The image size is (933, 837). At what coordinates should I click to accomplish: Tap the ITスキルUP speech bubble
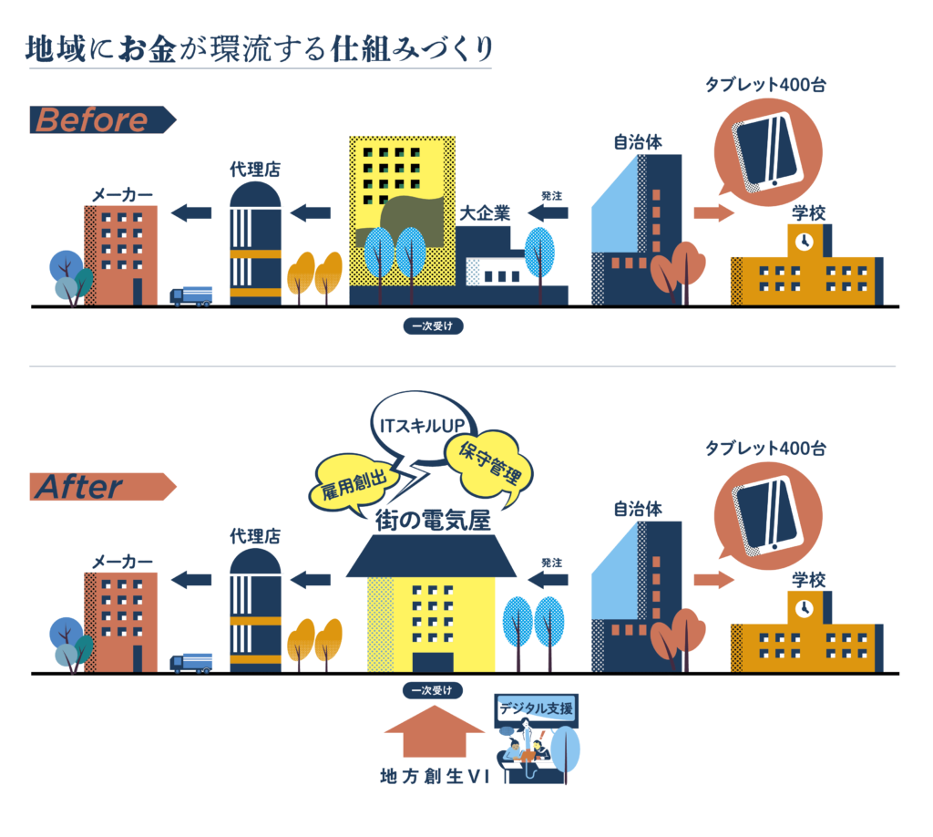(x=421, y=426)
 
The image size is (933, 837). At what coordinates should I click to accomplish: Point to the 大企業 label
(x=484, y=213)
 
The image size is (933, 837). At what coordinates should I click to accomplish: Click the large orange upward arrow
(x=436, y=732)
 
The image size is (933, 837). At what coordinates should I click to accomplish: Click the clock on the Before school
(x=803, y=241)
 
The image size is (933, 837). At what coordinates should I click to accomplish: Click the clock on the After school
(x=803, y=607)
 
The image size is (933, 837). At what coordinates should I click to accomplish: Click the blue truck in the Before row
(x=192, y=296)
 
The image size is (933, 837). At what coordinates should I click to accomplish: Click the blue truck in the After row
(x=192, y=663)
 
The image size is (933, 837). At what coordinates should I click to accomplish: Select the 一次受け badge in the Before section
(x=434, y=325)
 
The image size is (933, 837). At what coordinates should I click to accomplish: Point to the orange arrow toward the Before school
(x=713, y=213)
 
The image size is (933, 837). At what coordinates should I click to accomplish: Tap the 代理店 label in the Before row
(x=254, y=170)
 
